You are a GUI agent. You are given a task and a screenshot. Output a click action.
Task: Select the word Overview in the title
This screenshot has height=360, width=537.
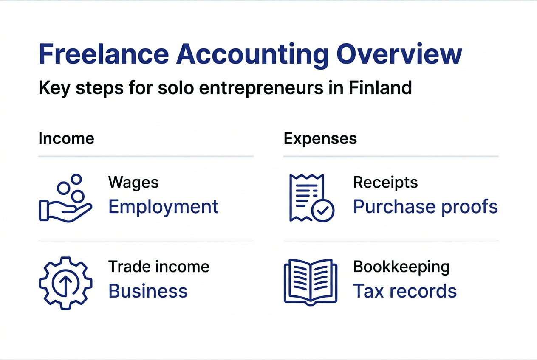coord(399,55)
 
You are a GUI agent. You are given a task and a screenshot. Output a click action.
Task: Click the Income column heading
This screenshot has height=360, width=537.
coord(66,139)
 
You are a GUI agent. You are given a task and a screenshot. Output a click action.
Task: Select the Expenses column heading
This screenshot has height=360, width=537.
coord(320,139)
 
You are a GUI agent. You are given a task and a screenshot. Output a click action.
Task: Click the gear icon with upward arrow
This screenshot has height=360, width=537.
coord(65,283)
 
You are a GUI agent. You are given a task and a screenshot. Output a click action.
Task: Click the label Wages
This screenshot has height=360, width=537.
coord(133,183)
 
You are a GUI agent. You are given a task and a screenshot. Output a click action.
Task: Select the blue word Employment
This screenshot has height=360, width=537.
coord(164,207)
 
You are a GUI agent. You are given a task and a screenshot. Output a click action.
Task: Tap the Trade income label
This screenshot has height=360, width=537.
coord(159,267)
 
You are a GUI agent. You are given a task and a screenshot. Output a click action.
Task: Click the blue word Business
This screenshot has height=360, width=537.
coord(148,291)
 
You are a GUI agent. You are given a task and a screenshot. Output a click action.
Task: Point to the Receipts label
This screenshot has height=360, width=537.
coord(385,183)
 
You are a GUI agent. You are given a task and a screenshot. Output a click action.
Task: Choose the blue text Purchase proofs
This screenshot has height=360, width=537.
coord(425,207)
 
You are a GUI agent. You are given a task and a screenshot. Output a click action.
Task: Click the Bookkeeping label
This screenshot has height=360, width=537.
coord(401,267)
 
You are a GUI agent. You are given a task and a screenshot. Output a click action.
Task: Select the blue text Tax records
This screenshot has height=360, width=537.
coord(405,291)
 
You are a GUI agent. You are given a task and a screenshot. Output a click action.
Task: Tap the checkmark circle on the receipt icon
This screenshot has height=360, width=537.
coord(323,210)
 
